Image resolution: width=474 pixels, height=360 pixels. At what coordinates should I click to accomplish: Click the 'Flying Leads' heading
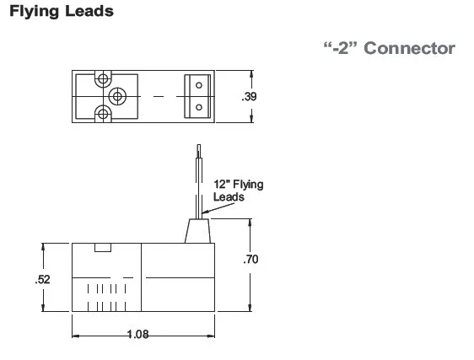point(62,12)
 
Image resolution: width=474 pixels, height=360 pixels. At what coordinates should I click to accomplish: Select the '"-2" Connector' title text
point(390,48)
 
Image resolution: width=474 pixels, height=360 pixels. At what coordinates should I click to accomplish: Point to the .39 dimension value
point(249,96)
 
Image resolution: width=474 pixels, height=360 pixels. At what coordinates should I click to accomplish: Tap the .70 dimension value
point(250,259)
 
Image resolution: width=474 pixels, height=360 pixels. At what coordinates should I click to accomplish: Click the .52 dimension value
point(43,279)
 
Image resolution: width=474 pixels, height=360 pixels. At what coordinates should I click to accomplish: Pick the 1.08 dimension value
point(137,335)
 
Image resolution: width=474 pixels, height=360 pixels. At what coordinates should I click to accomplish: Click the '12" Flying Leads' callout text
point(238,191)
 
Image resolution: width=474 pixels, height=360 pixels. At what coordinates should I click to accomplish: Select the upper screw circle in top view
point(103,79)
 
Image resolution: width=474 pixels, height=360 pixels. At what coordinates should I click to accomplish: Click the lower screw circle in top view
point(103,114)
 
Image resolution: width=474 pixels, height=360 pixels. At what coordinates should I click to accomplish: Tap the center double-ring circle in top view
point(117,96)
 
